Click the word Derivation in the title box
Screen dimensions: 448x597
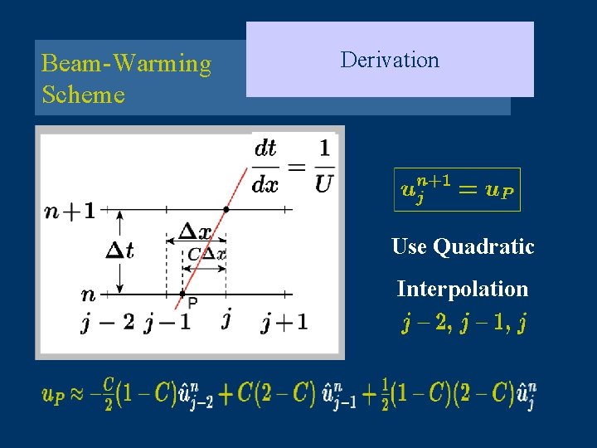click(390, 60)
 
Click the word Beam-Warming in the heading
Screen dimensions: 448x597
click(126, 64)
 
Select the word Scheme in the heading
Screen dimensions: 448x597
click(83, 95)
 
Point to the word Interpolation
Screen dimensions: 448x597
click(462, 289)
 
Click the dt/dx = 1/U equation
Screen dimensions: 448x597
click(292, 165)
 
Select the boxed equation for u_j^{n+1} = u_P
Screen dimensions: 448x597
click(457, 190)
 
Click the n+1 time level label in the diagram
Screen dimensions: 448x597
click(70, 211)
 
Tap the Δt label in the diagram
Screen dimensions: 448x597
click(119, 251)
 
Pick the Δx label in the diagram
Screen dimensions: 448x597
click(197, 232)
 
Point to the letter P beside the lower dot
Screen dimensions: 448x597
click(192, 302)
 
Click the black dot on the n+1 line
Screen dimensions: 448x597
click(226, 210)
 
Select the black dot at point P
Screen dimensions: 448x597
click(182, 294)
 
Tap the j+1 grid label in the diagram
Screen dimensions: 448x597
click(284, 322)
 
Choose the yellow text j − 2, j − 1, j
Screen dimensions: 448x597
click(464, 323)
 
